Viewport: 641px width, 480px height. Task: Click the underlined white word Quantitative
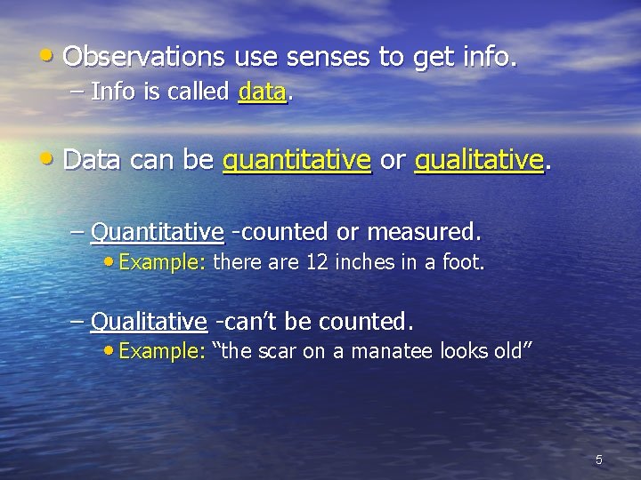coord(157,233)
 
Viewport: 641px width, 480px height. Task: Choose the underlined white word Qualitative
coord(149,319)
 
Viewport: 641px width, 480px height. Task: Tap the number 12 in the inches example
coord(316,263)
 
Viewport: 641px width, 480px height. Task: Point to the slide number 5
coord(599,460)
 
